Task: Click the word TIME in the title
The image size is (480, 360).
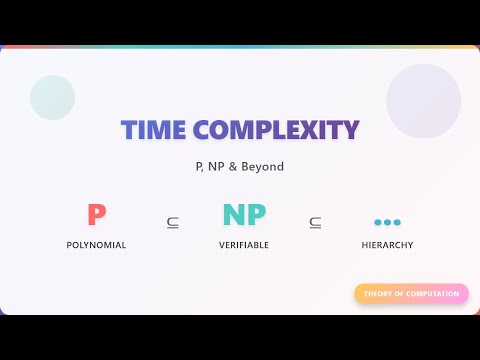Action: coord(153,130)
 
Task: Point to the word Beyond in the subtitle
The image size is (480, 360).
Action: coord(263,166)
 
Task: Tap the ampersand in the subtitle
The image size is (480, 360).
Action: coord(233,166)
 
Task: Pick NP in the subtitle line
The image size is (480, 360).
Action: coord(214,166)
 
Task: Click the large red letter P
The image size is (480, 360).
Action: coord(96,214)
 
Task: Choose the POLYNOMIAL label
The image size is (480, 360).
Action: coord(96,245)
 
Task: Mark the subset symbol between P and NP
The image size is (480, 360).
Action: coord(173,222)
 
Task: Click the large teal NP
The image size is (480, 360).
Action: coord(243,214)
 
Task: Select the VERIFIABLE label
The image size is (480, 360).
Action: coord(243,245)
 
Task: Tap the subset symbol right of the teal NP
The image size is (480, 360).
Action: coord(315,222)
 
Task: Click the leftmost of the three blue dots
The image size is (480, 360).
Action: coord(378,222)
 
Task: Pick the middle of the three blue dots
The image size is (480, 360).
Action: coord(387,222)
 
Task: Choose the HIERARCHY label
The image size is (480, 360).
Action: coord(387,245)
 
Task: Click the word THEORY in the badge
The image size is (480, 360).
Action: coord(379,294)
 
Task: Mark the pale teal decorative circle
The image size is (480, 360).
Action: coord(53,97)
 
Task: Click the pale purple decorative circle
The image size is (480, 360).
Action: coord(423,101)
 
